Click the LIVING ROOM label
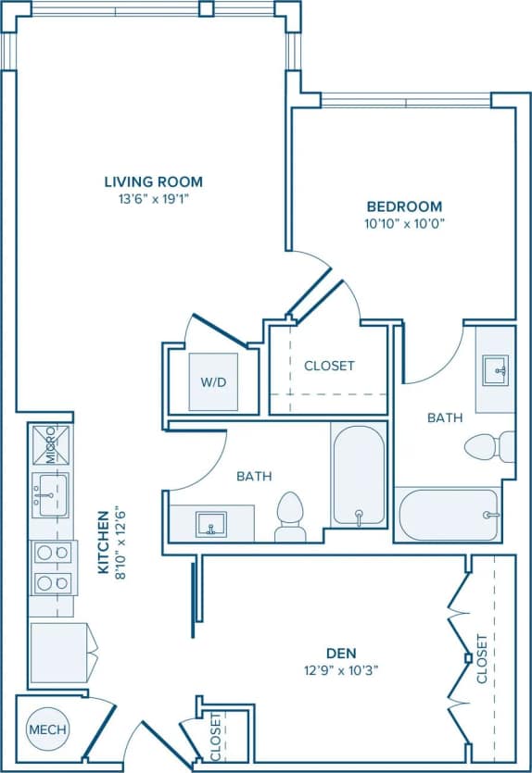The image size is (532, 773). [x=153, y=181]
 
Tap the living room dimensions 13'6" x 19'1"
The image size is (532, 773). [x=153, y=198]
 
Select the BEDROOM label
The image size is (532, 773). [x=403, y=206]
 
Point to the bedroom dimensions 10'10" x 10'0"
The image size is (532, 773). [x=403, y=223]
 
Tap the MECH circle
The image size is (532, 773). [x=47, y=729]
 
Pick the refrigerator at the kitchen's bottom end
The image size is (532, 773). [x=60, y=653]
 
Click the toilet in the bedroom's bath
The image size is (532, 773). [x=488, y=446]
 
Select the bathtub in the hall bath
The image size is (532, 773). [x=358, y=477]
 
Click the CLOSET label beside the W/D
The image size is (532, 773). [x=329, y=366]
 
